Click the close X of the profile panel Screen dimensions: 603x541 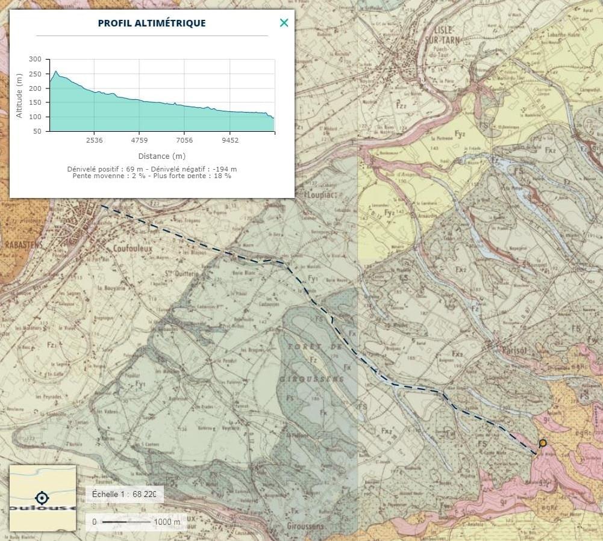pyautogui.click(x=284, y=23)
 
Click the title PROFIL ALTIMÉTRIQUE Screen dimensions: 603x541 pyautogui.click(x=152, y=23)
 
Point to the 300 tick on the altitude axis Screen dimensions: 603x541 pyautogui.click(x=35, y=60)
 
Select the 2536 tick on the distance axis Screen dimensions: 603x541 pyautogui.click(x=94, y=140)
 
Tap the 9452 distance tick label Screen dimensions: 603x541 pyautogui.click(x=230, y=140)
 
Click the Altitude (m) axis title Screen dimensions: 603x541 pyautogui.click(x=19, y=95)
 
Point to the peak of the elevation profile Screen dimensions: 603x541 pyautogui.click(x=56, y=72)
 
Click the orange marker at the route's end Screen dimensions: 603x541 pyautogui.click(x=543, y=444)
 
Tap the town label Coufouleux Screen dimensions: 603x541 pyautogui.click(x=131, y=247)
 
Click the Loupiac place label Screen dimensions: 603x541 pyautogui.click(x=323, y=196)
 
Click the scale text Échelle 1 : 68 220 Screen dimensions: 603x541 pyautogui.click(x=124, y=494)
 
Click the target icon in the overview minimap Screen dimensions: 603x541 pyautogui.click(x=42, y=498)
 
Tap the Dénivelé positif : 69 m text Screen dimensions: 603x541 pyautogui.click(x=105, y=169)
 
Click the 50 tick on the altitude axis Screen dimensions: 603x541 pyautogui.click(x=37, y=131)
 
